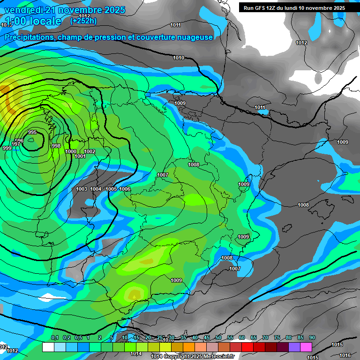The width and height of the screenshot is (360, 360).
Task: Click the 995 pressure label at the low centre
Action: [x=32, y=133]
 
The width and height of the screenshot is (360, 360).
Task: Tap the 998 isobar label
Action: [x=56, y=146]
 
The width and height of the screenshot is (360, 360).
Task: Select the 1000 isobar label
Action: [x=71, y=151]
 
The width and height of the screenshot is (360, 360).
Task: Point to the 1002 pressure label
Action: [x=90, y=151]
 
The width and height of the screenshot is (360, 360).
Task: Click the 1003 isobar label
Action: [x=82, y=189]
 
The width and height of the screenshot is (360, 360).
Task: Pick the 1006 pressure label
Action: [x=125, y=189]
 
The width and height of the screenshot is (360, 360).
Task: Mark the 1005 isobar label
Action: [x=111, y=189]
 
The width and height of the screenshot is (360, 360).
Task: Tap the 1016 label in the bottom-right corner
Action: [x=345, y=355]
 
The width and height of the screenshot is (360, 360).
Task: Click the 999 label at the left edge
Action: [x=7, y=148]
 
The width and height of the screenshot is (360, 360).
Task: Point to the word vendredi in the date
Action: [x=22, y=10]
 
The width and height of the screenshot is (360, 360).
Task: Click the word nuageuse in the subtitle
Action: [x=195, y=37]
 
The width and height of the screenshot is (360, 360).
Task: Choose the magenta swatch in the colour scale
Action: [x=306, y=347]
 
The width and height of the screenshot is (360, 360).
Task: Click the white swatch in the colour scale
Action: [x=48, y=347]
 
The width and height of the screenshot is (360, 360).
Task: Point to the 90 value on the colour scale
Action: [x=312, y=338]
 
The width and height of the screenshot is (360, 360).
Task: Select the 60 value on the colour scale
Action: [x=242, y=338]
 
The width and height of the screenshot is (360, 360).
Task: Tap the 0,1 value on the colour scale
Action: [x=54, y=338]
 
